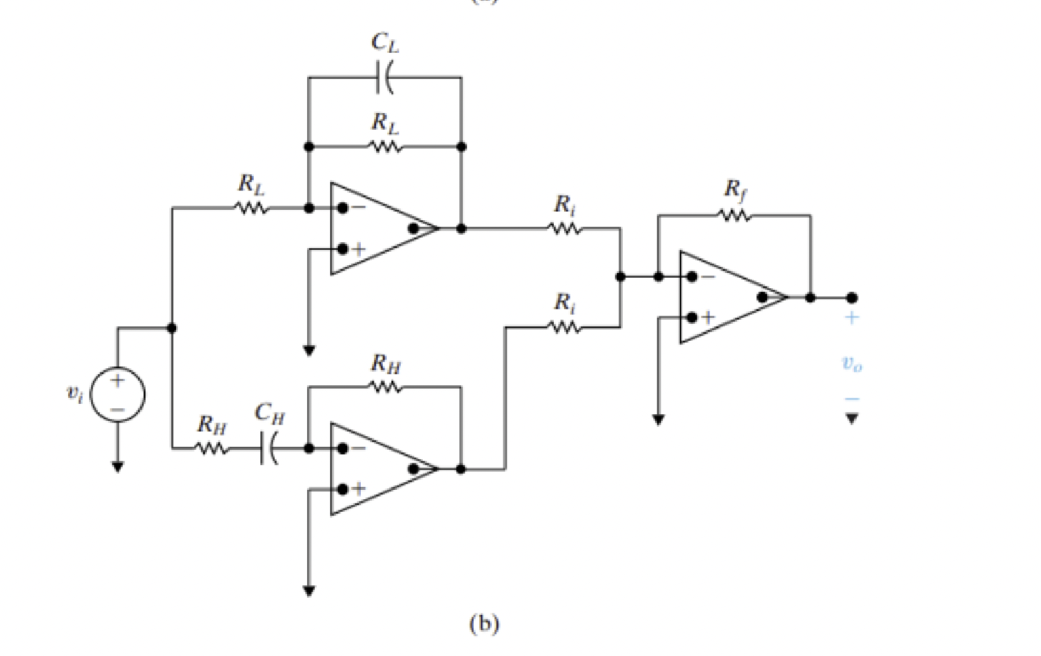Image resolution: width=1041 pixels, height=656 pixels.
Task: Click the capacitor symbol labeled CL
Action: click(x=384, y=77)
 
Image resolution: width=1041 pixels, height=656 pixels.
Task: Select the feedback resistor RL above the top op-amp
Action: click(x=385, y=147)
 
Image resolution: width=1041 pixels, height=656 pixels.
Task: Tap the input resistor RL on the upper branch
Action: click(x=251, y=208)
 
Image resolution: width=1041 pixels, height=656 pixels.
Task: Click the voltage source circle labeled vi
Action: click(x=118, y=395)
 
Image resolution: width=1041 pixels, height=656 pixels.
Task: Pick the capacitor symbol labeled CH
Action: click(x=269, y=448)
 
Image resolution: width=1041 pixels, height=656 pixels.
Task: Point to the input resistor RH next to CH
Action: click(x=212, y=449)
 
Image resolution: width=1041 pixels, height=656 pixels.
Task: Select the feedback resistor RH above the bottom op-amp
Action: click(x=385, y=387)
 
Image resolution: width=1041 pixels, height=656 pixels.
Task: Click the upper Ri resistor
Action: click(x=565, y=228)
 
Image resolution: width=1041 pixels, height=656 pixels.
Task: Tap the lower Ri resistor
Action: click(x=565, y=327)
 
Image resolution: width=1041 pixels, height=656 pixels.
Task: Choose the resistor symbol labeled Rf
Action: click(x=734, y=215)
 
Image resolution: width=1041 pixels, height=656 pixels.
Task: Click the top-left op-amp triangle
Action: click(x=379, y=228)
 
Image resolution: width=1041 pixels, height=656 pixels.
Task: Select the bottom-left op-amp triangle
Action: click(x=379, y=469)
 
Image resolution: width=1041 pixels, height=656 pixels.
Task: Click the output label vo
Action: click(x=851, y=365)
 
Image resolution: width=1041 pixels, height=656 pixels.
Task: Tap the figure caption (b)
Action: click(x=484, y=623)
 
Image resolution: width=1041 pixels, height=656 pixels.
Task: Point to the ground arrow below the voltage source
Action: click(x=118, y=466)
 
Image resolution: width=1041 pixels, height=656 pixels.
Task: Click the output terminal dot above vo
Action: click(x=851, y=297)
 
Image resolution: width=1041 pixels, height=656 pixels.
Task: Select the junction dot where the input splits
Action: click(x=172, y=328)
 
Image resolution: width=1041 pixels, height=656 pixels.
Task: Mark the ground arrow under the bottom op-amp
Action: click(x=309, y=591)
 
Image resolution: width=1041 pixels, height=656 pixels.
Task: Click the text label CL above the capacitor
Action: click(x=384, y=43)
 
